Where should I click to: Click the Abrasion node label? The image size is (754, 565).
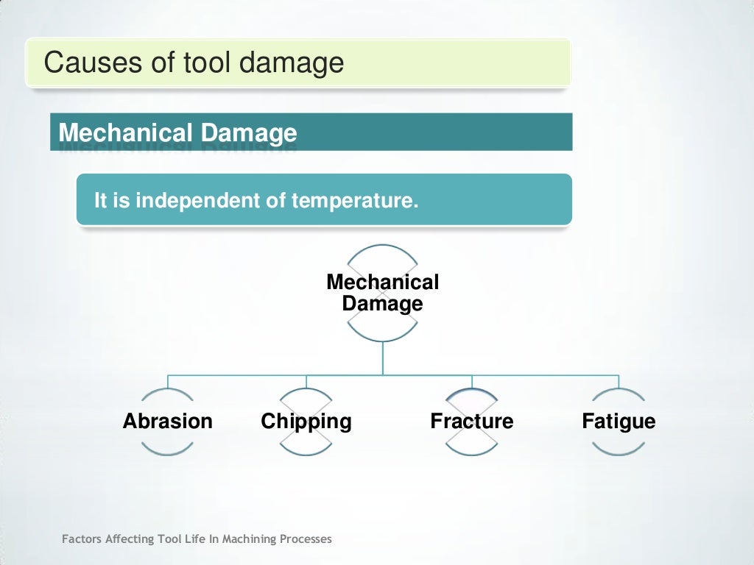pos(167,422)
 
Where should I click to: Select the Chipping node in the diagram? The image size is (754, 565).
pos(306,422)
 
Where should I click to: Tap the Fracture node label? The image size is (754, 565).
pos(471,422)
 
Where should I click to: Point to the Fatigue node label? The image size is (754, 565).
pos(619,422)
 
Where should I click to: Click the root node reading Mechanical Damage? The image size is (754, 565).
pos(382,293)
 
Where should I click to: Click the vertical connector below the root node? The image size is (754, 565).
pos(382,358)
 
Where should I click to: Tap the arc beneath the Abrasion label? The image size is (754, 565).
pos(167,449)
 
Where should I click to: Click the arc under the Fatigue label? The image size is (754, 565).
pos(619,449)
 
